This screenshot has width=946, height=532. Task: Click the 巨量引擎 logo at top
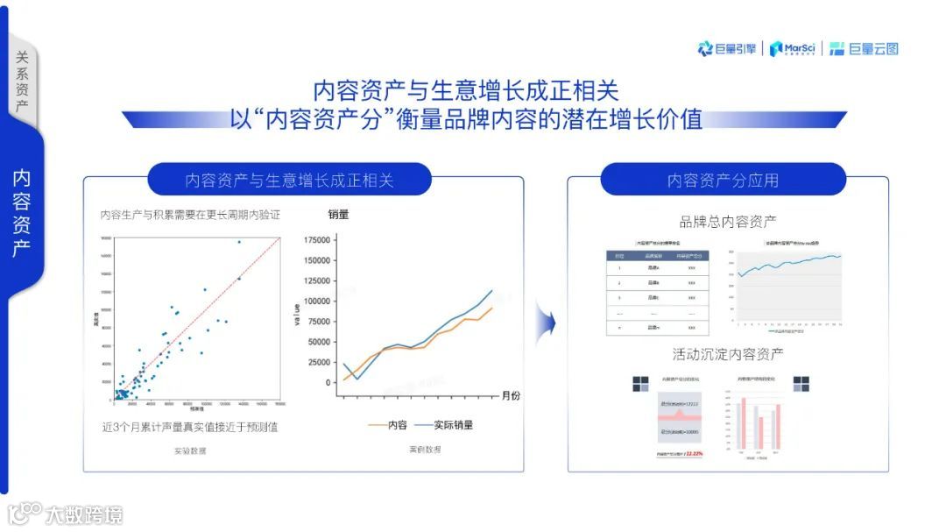point(728,49)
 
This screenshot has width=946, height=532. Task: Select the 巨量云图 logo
point(864,49)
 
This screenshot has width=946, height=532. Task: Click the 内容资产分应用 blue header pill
point(723,181)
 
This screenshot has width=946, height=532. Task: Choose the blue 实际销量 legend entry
point(443,425)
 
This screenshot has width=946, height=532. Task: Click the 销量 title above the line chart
point(339,214)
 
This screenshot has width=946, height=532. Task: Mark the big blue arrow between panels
point(547,323)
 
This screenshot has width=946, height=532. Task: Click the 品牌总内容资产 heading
point(727,222)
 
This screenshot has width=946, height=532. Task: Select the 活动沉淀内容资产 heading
point(727,354)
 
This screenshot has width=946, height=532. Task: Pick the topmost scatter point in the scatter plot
point(238,242)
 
